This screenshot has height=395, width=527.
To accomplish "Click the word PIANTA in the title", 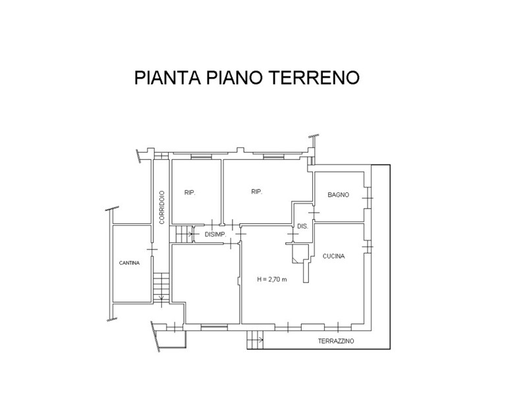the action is click(167, 78).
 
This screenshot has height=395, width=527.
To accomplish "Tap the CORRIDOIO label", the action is click(162, 207).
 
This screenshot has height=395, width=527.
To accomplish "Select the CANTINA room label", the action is click(129, 263).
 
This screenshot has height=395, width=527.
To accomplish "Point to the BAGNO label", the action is click(338, 194).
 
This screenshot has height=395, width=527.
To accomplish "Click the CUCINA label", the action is click(333, 256).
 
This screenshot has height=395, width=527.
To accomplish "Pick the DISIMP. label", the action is click(215, 234).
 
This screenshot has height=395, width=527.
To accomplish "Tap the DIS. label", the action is click(302, 226).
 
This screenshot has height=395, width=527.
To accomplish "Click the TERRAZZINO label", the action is click(336, 341).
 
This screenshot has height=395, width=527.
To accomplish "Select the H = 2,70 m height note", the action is click(272, 279).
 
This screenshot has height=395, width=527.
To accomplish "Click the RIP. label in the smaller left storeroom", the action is click(190, 193).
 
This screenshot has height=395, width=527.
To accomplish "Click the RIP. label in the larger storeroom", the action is click(257, 192).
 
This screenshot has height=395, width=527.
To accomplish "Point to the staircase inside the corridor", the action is click(161, 287).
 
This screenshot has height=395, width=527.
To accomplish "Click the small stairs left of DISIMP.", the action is click(184, 234).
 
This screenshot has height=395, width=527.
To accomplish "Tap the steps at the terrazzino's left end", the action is click(255, 340).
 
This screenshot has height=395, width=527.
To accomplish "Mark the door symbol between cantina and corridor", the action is click(152, 250).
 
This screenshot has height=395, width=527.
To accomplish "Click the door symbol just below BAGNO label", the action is click(314, 213).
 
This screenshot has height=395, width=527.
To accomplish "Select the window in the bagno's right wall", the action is click(368, 198).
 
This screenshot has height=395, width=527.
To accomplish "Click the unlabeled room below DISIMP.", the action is click(206, 282).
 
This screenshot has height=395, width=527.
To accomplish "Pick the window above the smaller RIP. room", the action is click(201, 156).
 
